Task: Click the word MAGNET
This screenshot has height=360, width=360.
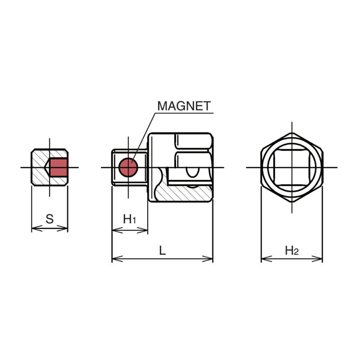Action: click(x=184, y=106)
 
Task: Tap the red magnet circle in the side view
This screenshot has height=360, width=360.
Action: click(x=128, y=167)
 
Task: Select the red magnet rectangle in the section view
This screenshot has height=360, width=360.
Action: click(x=58, y=167)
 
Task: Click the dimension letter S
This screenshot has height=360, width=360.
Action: click(x=50, y=219)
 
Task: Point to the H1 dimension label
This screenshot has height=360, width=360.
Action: click(x=130, y=219)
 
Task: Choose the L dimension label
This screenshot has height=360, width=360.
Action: click(x=162, y=250)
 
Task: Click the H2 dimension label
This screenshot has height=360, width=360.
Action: click(x=292, y=250)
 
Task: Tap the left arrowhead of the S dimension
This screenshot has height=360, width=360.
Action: click(x=37, y=228)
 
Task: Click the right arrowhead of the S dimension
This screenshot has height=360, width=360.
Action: click(x=62, y=228)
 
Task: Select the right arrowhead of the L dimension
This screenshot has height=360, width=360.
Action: click(x=207, y=259)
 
